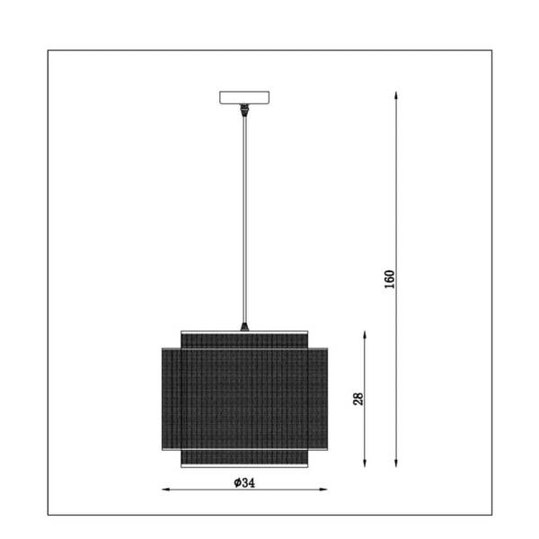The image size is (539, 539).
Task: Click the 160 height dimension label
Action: coord(390,279)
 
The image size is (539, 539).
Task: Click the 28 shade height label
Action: coord(358,399)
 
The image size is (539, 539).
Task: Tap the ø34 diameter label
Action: coord(244,483)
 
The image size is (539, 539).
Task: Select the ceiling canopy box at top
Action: coord(244,97)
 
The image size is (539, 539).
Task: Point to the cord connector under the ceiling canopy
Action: coord(244,110)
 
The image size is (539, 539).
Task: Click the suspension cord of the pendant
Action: coord(244,220)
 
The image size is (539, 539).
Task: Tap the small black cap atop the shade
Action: coord(244,327)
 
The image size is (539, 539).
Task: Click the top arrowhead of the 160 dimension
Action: coord(396,95)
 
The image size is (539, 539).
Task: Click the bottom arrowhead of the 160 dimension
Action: coord(396,463)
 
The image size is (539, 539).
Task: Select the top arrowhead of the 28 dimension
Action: coord(365,335)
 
